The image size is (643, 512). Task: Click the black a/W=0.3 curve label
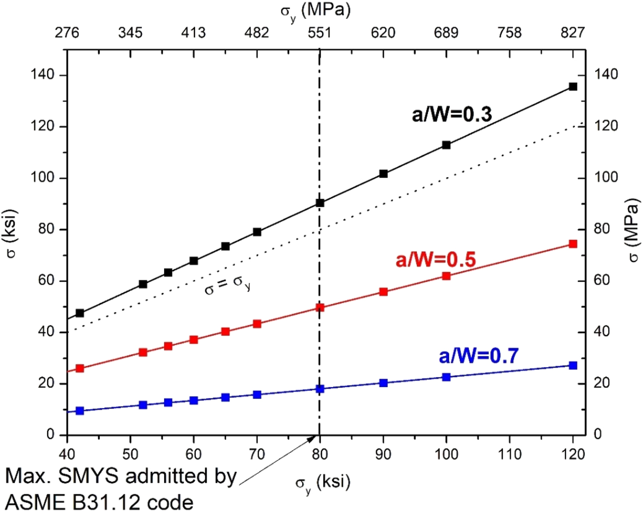pyautogui.click(x=451, y=115)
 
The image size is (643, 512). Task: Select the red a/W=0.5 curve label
pyautogui.click(x=436, y=260)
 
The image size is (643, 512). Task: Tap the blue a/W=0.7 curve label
pyautogui.click(x=478, y=356)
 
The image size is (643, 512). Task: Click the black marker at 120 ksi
pyautogui.click(x=573, y=87)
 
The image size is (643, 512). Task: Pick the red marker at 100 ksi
pyautogui.click(x=446, y=276)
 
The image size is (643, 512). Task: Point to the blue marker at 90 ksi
pyautogui.click(x=383, y=383)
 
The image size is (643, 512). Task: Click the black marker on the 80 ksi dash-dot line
pyautogui.click(x=320, y=203)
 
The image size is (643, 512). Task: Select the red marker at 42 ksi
pyautogui.click(x=80, y=368)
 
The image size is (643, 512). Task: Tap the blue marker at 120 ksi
pyautogui.click(x=573, y=366)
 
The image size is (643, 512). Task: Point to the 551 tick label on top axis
pyautogui.click(x=320, y=33)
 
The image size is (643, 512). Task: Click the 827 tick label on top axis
pyautogui.click(x=573, y=33)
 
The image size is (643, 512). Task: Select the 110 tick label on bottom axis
pyautogui.click(x=509, y=454)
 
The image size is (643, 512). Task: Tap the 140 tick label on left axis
pyautogui.click(x=43, y=75)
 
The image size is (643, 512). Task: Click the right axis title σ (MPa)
pyautogui.click(x=633, y=230)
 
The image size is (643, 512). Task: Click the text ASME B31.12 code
pyautogui.click(x=99, y=502)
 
